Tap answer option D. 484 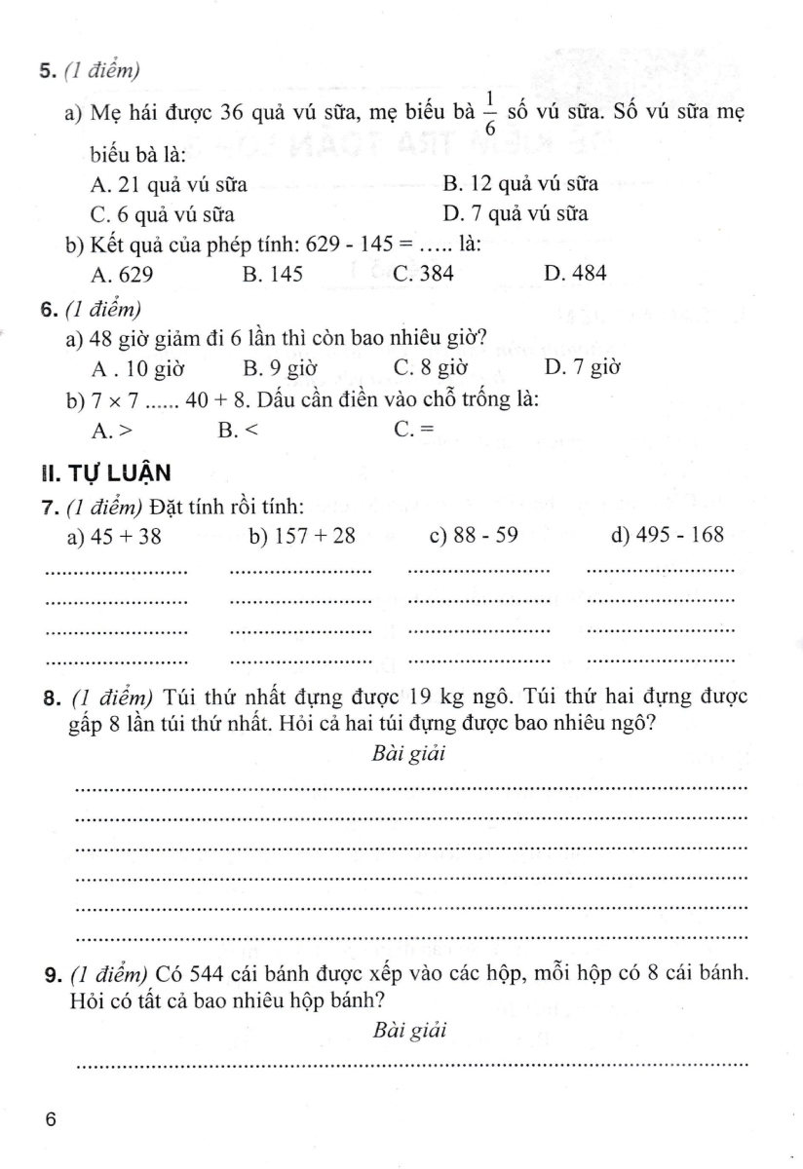point(576,275)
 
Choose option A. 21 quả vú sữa point(154,183)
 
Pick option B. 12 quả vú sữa point(520,183)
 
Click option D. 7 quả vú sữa point(515,213)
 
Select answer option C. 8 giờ point(431,368)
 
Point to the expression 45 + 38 point(124,536)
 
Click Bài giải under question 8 point(409,753)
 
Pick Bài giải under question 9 point(409,1032)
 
